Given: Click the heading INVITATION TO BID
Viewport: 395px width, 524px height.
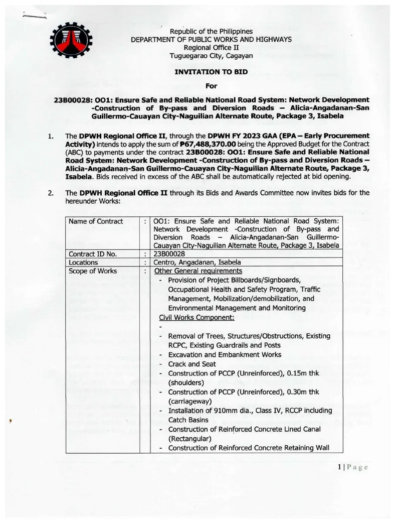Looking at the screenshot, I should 211,72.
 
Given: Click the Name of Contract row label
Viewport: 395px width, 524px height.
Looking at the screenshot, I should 96,221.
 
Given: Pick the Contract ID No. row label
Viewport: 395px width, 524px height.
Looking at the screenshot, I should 93,253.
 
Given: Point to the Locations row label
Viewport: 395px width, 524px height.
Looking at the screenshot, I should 83,262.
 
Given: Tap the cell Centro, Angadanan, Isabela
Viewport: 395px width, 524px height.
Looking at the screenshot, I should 197,262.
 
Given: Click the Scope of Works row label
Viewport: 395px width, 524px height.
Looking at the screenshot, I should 93,271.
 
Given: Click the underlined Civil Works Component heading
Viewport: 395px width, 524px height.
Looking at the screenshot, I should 196,317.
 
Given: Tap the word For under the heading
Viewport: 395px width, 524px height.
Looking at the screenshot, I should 211,86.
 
